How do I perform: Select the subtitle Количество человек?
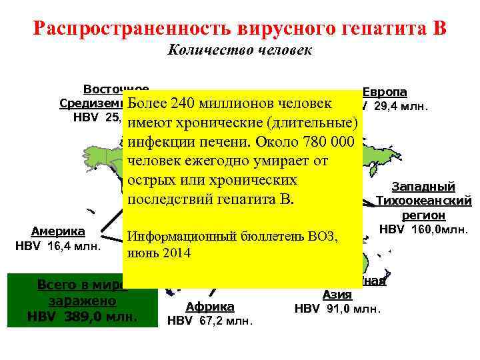coord(240,51)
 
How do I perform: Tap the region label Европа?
coord(385,92)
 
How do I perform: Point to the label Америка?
coord(59,231)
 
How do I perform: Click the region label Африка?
coord(210,306)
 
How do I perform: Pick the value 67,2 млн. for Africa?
coord(220,321)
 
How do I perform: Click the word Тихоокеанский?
coord(424,201)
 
